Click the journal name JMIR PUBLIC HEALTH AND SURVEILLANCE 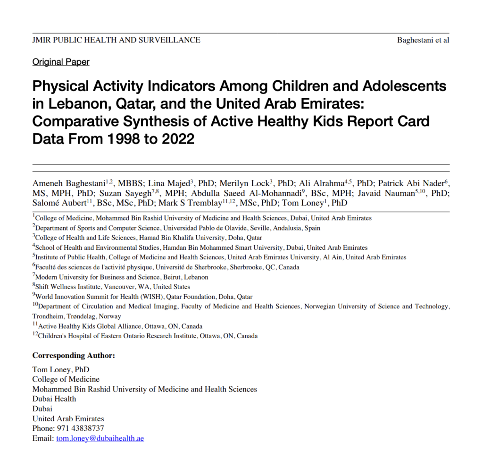116,40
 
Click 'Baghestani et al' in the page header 423,40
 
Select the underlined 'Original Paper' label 61,62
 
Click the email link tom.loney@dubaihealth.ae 100,438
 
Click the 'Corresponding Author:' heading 74,355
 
